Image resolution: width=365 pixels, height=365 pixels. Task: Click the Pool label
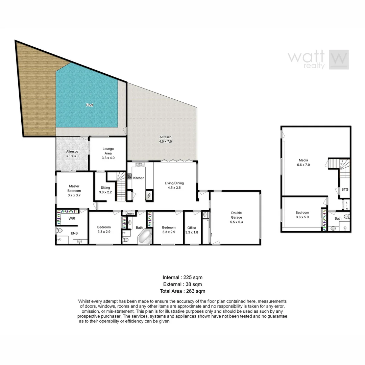click(90, 105)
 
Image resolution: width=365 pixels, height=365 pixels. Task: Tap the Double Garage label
click(236, 215)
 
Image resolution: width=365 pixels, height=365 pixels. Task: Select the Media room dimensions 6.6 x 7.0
click(303, 165)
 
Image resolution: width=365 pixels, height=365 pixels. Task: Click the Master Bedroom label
click(74, 188)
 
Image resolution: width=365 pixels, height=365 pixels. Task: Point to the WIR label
click(72, 219)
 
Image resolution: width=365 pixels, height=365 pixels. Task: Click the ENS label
click(74, 233)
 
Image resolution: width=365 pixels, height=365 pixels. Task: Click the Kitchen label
click(139, 178)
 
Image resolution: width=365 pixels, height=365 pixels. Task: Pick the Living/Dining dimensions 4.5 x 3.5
click(174, 188)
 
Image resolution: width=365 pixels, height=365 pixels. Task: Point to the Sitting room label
click(105, 190)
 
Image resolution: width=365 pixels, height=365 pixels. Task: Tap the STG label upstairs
click(345, 190)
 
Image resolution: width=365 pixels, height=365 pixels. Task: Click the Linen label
click(129, 214)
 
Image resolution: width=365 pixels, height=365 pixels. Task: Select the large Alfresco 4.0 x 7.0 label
click(166, 139)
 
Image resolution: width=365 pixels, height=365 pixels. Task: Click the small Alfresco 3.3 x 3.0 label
click(72, 154)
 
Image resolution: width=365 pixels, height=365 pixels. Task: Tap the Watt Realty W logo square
click(339, 60)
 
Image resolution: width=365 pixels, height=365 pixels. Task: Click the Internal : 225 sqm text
click(182, 277)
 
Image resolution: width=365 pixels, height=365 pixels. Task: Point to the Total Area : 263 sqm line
click(182, 291)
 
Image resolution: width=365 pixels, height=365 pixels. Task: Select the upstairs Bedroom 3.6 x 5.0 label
click(302, 215)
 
